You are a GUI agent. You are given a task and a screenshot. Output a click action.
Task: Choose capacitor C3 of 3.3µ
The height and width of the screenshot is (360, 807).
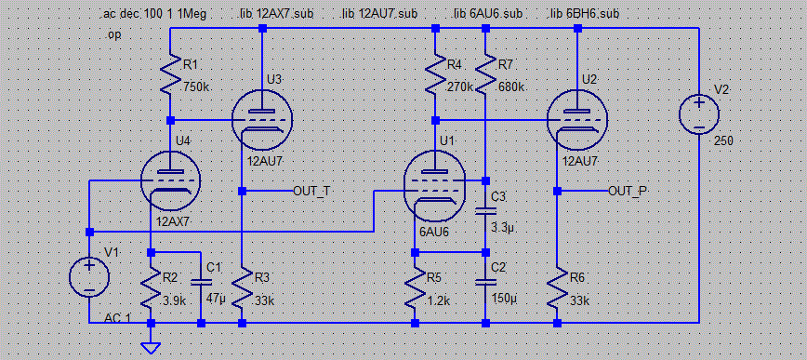(486, 210)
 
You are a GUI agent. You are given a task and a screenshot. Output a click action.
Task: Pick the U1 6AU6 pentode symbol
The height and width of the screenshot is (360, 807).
(435, 184)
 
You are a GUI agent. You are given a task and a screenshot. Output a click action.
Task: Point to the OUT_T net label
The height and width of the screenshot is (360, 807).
(311, 192)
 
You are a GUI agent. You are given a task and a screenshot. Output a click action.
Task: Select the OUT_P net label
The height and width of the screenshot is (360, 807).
(628, 192)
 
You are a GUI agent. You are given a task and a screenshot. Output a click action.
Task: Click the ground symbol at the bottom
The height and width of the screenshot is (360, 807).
(150, 347)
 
